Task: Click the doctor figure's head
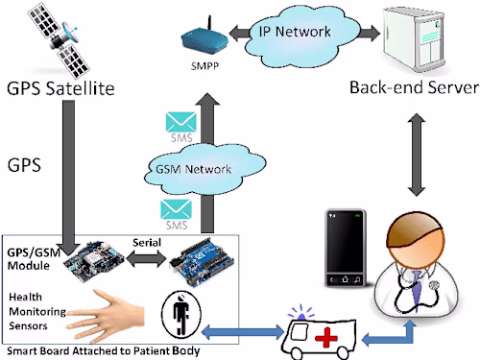[414, 241]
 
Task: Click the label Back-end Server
[415, 89]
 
